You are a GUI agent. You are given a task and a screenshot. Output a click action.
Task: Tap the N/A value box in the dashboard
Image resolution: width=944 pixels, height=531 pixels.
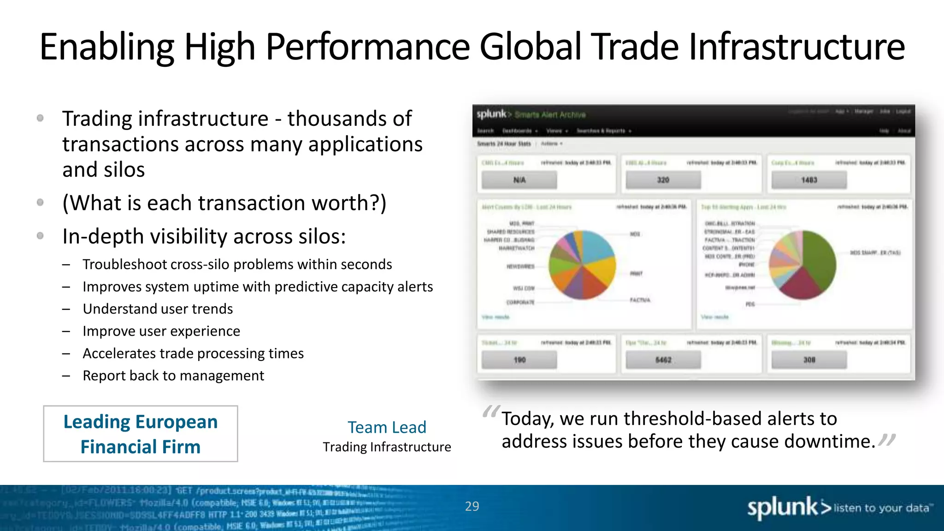point(519,180)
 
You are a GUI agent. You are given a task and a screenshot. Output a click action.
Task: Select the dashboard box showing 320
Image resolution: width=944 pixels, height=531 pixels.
point(663,180)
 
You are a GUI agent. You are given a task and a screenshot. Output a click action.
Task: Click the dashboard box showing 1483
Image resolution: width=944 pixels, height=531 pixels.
point(809,180)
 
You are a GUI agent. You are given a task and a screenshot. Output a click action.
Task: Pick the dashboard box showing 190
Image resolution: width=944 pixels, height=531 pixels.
point(519,360)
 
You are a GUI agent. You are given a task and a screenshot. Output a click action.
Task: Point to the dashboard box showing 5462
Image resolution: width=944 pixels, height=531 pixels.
point(663,360)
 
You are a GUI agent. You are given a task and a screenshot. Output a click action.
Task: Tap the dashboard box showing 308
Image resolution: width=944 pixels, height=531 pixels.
point(809,360)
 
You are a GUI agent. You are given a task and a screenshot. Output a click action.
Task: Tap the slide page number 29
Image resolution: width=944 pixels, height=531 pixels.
point(472,506)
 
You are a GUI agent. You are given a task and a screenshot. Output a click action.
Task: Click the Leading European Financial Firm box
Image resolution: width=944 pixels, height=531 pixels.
point(141,434)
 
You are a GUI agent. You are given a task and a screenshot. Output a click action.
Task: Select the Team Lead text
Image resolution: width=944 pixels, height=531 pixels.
point(387,427)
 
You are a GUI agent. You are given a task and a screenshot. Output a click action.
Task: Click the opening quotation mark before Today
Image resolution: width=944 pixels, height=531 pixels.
point(490,412)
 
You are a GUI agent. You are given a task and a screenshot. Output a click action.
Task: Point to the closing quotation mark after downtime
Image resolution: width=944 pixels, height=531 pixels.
point(887,440)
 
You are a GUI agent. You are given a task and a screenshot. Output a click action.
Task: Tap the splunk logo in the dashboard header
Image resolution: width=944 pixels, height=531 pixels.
point(491,114)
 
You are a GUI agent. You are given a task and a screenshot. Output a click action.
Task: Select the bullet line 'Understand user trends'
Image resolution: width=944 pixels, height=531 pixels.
point(158,309)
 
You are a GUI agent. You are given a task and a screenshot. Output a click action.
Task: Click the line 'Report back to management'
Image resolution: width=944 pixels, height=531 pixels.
point(173,376)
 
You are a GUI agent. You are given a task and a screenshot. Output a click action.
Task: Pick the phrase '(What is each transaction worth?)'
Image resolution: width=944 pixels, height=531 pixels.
point(224,203)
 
